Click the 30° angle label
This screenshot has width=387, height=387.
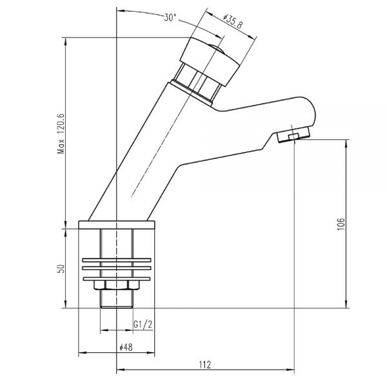170,17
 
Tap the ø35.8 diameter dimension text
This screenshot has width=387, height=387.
233,22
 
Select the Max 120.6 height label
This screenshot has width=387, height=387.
61,134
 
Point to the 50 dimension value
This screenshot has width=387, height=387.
61,268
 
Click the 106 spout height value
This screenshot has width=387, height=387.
341,224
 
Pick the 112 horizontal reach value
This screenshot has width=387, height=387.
205,364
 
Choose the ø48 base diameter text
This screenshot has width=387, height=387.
126,348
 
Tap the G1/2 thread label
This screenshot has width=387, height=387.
143,324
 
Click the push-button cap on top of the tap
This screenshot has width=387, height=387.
209,61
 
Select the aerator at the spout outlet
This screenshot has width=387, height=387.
293,135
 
